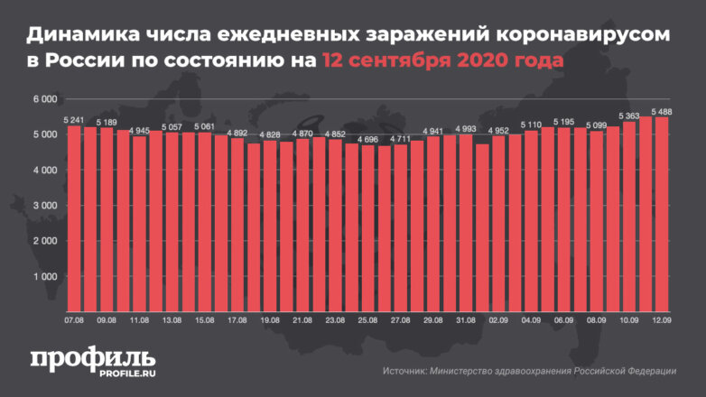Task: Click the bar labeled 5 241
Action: (x=75, y=217)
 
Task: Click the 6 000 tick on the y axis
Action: (x=45, y=98)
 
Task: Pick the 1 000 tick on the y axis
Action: (x=45, y=276)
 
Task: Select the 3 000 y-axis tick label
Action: (x=45, y=206)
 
